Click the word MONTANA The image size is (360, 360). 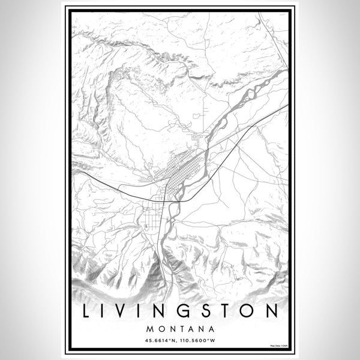click(x=180, y=329)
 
